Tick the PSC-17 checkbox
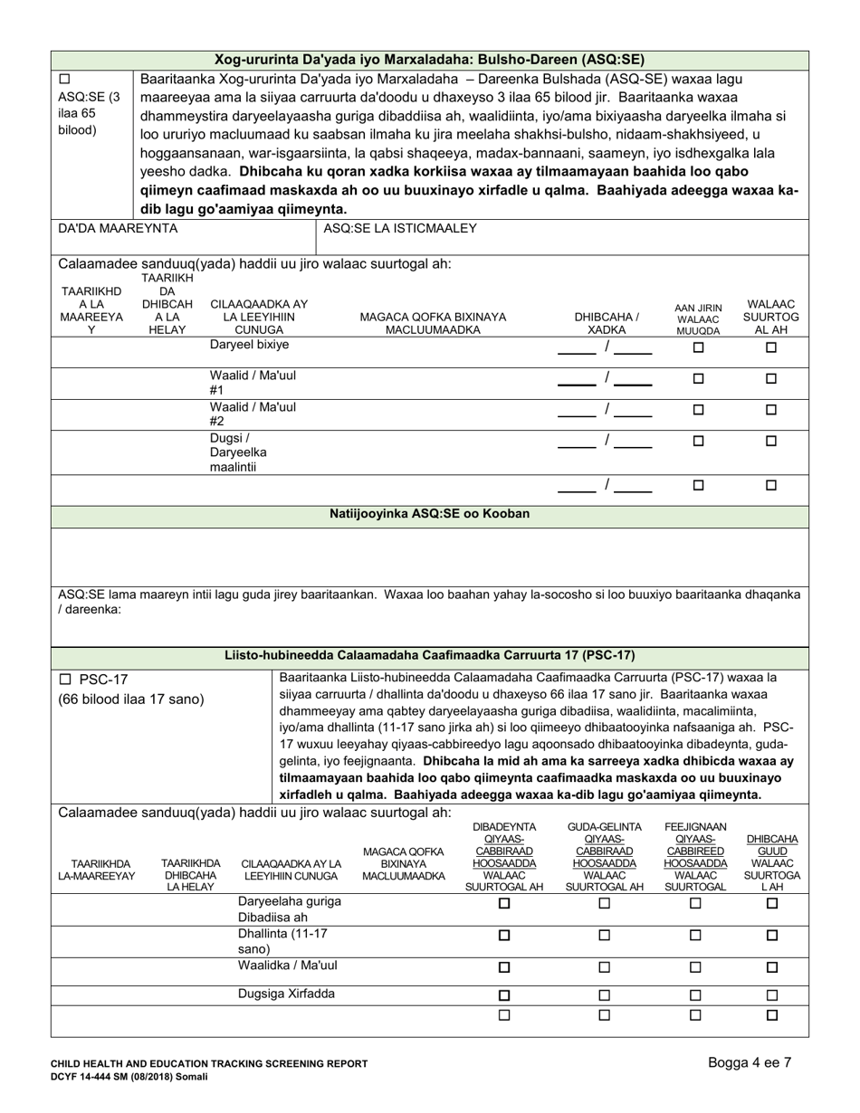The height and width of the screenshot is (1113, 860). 65,679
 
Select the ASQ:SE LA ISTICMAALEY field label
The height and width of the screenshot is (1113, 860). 400,229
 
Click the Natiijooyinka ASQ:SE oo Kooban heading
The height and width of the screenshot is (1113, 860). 429,513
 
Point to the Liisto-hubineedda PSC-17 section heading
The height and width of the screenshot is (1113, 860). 429,655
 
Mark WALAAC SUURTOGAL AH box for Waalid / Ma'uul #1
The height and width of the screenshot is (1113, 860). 771,380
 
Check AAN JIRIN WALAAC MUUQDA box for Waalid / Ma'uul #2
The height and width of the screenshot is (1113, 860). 698,410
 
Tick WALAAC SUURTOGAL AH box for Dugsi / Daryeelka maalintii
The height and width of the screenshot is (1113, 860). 771,442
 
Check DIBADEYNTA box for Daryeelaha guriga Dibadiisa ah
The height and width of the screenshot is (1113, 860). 505,903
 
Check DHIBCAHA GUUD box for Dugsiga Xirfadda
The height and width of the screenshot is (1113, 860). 772,995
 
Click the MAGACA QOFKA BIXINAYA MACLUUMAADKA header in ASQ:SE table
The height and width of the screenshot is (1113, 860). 433,323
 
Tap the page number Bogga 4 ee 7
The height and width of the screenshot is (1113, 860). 750,1063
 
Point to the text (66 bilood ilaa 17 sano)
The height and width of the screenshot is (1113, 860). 131,699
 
